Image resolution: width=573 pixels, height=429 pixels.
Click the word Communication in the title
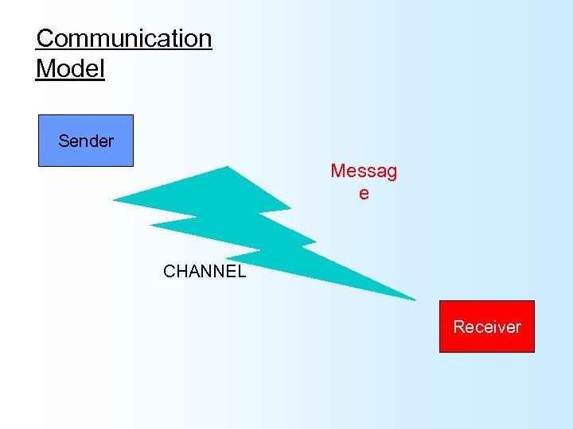pos(124,38)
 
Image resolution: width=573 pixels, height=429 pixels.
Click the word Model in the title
pos(70,68)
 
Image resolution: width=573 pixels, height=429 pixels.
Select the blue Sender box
pos(86,141)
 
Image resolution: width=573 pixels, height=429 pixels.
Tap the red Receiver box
pos(487,327)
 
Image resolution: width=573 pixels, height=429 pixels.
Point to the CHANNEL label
pos(205,272)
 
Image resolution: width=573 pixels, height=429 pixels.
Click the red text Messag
pos(364,172)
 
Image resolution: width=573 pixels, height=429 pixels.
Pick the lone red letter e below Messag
pos(364,193)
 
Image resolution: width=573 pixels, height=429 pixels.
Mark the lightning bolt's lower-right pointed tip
pos(415,300)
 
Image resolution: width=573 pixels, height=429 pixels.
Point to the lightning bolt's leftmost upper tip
pos(115,199)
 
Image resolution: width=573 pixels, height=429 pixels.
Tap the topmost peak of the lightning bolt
pos(228,167)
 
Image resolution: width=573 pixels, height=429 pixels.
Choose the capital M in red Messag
pos(337,171)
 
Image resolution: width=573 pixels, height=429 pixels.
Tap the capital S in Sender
pos(63,141)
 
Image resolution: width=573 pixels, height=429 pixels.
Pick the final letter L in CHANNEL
pos(241,272)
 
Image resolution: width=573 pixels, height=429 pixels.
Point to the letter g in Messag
pos(391,172)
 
